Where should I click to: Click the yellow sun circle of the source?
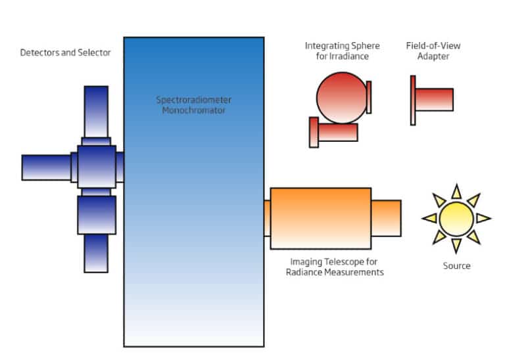point(456,218)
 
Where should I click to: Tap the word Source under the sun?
point(456,266)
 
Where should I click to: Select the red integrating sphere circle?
point(339,97)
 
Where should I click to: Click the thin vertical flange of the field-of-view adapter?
point(412,100)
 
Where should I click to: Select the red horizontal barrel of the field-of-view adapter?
point(434,99)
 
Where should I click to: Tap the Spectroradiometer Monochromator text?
point(194,105)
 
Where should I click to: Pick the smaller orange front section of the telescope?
point(386,218)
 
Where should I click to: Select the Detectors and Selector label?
point(65,53)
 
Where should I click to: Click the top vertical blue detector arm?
point(96,111)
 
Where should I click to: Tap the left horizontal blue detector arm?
point(45,167)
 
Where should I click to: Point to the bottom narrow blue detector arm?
point(96,253)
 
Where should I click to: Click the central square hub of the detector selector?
point(96,166)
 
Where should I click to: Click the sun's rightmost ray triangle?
point(483,218)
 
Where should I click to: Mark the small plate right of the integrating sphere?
point(369,97)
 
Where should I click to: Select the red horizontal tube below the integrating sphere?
point(337,131)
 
